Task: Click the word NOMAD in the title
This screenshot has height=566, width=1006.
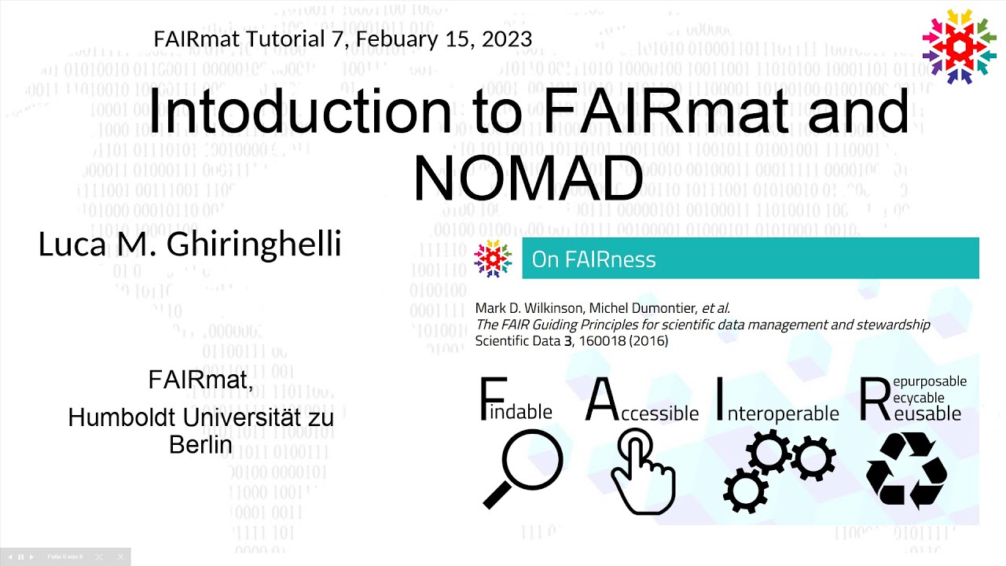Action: [528, 178]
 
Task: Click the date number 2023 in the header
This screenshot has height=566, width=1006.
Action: [507, 39]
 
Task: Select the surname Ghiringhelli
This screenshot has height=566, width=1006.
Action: [254, 244]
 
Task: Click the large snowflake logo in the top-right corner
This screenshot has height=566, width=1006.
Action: [959, 46]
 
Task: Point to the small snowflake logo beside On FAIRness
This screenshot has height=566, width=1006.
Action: [493, 259]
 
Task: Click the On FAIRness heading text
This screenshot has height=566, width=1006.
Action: [593, 259]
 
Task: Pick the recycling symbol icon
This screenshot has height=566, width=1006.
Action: [906, 469]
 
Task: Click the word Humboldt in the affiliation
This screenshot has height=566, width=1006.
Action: [119, 417]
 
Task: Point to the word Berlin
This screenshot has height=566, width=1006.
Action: [200, 445]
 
